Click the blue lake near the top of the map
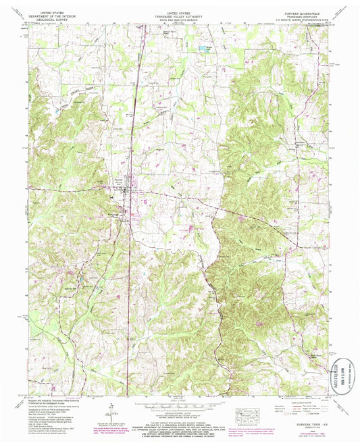click(201, 48)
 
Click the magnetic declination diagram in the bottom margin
click(109, 410)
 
